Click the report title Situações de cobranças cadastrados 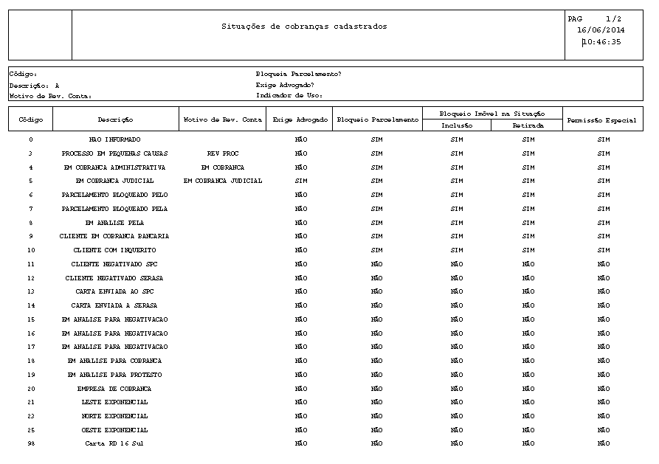304,27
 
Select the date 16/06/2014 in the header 601,30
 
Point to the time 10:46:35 601,42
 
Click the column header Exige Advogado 300,120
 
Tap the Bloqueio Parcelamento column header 376,120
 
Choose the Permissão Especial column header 601,120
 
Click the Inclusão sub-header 456,125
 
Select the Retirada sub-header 528,125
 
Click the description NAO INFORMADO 114,139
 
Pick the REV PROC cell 222,153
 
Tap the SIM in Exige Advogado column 300,181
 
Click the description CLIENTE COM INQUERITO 114,250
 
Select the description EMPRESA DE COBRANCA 114,389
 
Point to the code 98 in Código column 31,444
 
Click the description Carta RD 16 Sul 114,444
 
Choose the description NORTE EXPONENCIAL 114,416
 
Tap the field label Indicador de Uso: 289,95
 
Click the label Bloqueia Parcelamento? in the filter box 298,74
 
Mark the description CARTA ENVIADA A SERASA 114,305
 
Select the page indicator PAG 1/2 595,18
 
